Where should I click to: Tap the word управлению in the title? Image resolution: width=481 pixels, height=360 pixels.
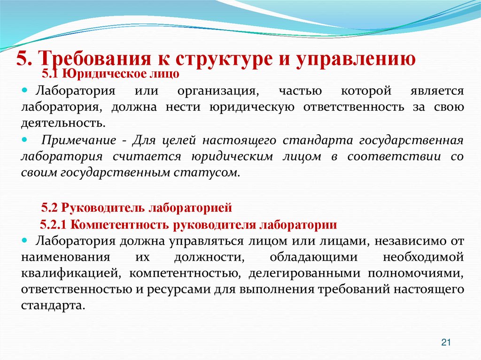click(355, 59)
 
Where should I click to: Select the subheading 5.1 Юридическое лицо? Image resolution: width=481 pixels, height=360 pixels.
click(110, 74)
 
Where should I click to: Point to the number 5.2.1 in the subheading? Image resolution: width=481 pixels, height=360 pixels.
click(55, 224)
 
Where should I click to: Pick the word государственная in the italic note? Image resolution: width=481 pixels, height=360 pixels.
click(411, 140)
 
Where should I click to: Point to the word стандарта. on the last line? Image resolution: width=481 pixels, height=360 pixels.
click(53, 305)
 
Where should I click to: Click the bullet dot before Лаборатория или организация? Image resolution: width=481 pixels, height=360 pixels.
click(25, 90)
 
